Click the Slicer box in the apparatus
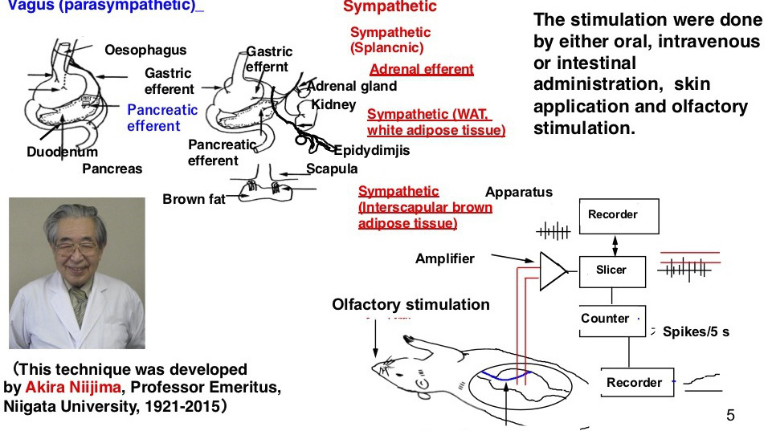click(x=611, y=270)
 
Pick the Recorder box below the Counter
click(x=634, y=383)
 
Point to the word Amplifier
click(x=444, y=258)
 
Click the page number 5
click(x=730, y=415)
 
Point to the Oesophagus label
click(x=145, y=51)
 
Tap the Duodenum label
click(x=62, y=152)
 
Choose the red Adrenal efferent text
click(x=421, y=69)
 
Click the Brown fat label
click(x=194, y=199)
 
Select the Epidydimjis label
click(x=371, y=151)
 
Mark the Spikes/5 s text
click(x=696, y=331)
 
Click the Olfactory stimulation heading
click(x=411, y=304)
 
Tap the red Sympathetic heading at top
click(x=390, y=7)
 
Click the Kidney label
click(x=333, y=104)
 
